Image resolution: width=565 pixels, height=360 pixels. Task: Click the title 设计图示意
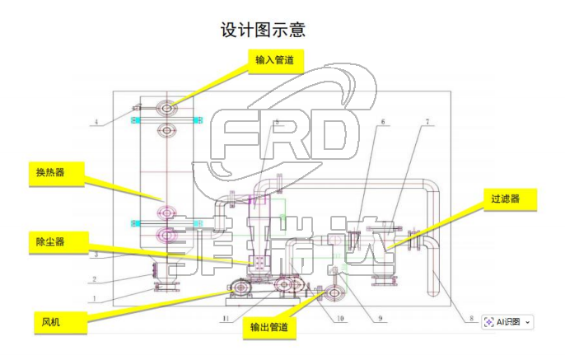tap(263, 30)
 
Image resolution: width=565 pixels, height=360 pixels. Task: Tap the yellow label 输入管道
tap(274, 60)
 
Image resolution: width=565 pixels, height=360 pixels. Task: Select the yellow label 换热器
tap(50, 172)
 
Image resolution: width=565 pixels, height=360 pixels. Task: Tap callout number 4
tap(96, 123)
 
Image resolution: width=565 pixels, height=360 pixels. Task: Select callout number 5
tap(278, 122)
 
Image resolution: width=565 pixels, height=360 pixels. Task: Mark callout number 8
tap(470, 317)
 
